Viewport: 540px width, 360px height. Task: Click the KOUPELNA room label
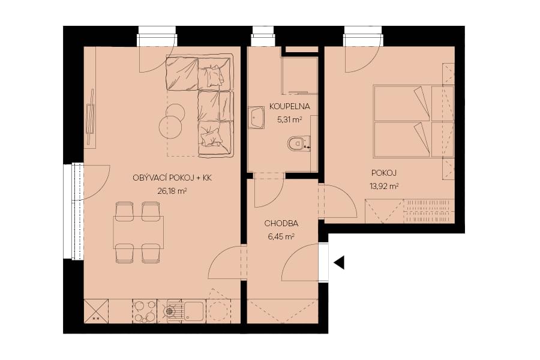point(289,106)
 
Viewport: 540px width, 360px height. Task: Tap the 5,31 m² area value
point(289,120)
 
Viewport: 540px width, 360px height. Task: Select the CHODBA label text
point(281,223)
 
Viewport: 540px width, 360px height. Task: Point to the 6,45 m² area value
point(281,236)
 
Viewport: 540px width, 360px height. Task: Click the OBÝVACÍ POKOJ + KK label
point(172,178)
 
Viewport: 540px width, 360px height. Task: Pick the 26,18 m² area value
point(172,191)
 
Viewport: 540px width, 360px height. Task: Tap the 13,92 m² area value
point(384,187)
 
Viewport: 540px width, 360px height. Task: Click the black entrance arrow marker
point(339,263)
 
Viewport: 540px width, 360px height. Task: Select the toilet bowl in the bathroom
point(296,143)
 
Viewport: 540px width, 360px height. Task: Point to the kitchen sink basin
point(194,311)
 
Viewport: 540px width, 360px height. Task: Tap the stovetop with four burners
point(145,311)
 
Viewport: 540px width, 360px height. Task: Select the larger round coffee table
point(170,127)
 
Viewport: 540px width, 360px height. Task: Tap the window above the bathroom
point(263,36)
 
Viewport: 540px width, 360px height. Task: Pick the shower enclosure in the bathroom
point(299,75)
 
